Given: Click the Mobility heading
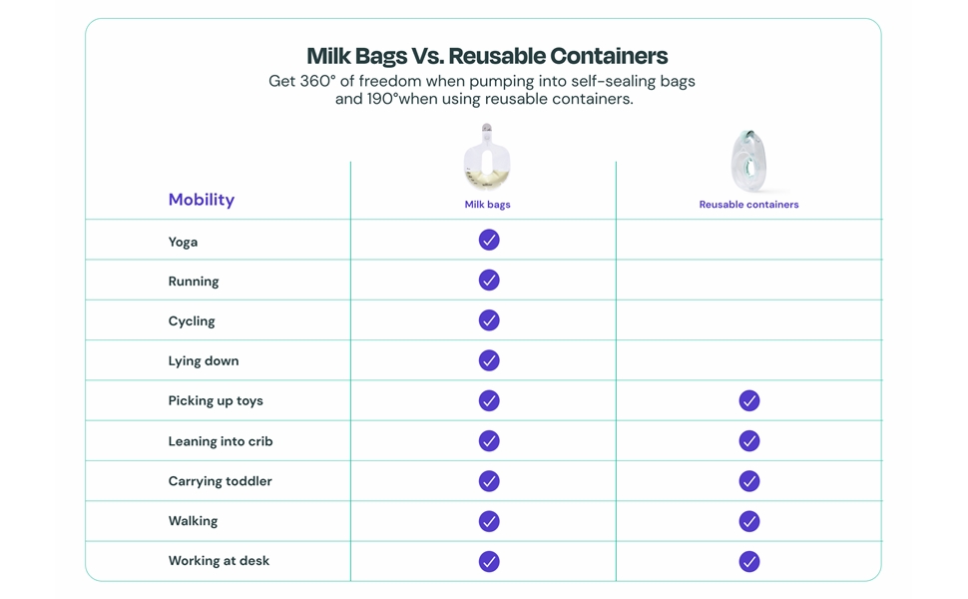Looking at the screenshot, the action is tap(202, 200).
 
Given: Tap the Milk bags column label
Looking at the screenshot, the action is tap(487, 205).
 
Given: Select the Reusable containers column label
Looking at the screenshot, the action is tap(748, 205).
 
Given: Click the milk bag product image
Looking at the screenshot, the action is tap(487, 158).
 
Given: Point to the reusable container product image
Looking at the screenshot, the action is tap(748, 161).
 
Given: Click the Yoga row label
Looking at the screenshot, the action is tap(183, 242).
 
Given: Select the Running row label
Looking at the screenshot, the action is tap(194, 282).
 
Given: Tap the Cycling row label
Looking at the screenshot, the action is tap(192, 321).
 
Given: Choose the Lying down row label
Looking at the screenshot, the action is tap(204, 361).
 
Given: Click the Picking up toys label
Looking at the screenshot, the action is tap(216, 400).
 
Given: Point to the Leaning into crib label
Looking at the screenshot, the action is tap(221, 441).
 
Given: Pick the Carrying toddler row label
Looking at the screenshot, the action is tap(220, 481).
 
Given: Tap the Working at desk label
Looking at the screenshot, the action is tap(219, 561).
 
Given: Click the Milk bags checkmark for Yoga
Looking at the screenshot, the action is tap(489, 241).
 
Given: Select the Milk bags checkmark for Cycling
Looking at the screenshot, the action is tap(489, 320).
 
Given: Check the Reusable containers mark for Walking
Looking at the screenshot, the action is tap(749, 521).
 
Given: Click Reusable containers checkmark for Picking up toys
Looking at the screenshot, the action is tap(749, 400).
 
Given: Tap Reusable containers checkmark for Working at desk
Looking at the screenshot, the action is tap(749, 561).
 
